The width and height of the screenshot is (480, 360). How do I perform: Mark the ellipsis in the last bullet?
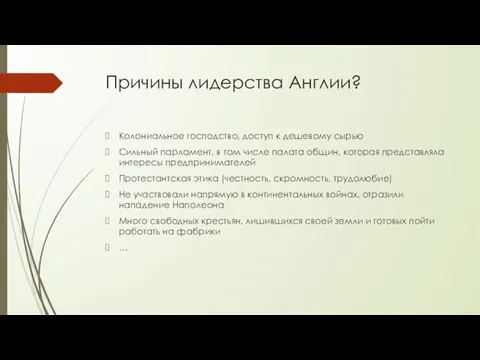tap(124, 248)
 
